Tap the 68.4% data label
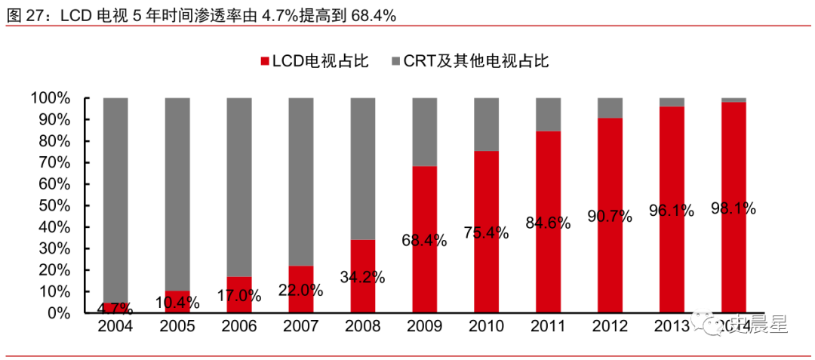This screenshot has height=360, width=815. tap(424, 241)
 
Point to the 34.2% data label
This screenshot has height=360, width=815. tap(362, 277)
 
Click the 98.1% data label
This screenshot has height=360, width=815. tap(733, 208)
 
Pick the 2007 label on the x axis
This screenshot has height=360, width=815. tap(300, 326)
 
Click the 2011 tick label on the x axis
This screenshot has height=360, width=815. tap(548, 326)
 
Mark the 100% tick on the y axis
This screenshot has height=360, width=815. tap(51, 99)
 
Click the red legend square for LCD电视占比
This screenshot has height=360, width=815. tap(264, 60)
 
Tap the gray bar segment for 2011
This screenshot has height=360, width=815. tap(548, 114)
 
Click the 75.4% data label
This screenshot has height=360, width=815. tap(486, 233)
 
